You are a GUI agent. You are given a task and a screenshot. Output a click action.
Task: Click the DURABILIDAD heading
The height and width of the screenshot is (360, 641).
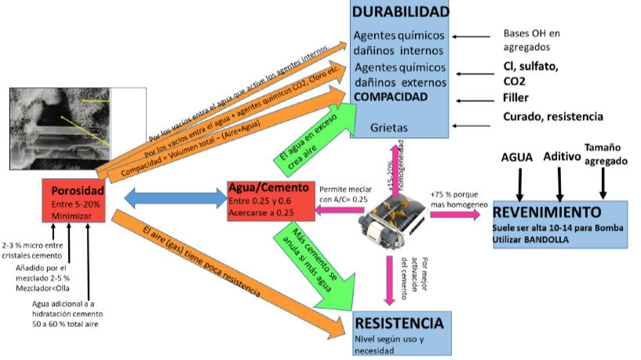[400, 12]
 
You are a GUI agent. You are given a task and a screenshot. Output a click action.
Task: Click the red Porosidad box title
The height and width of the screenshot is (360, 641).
[78, 191]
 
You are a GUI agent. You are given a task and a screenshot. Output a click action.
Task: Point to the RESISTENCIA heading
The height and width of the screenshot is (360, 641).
[399, 322]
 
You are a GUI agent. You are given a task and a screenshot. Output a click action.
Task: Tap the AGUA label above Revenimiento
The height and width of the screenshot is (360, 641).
[519, 157]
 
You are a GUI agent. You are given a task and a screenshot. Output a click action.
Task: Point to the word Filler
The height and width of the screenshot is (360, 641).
[516, 98]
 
